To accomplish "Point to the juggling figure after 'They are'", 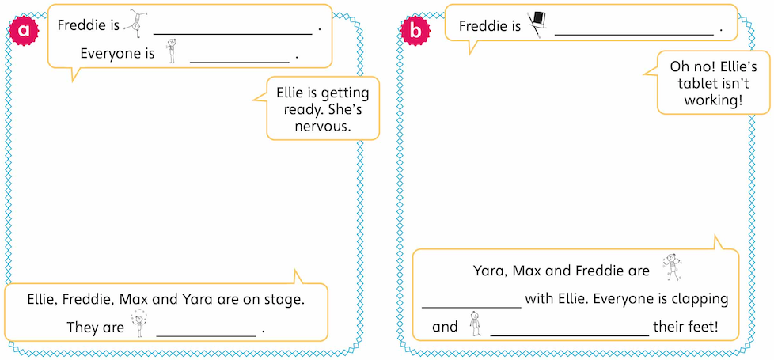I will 140,325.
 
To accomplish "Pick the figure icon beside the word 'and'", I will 474,323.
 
